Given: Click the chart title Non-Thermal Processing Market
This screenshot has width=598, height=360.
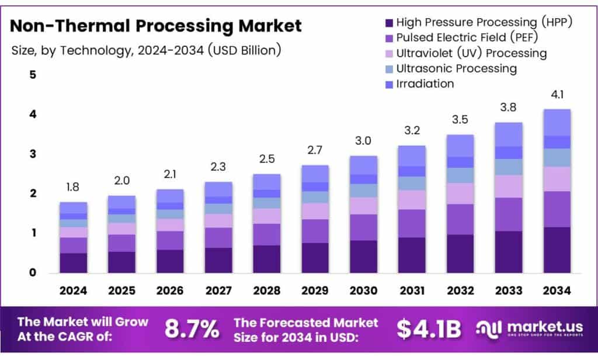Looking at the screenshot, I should click(x=156, y=26).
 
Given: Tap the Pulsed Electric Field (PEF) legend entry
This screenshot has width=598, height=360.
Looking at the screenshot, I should click(x=466, y=38).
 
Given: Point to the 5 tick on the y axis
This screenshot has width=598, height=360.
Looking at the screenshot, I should click(x=33, y=75).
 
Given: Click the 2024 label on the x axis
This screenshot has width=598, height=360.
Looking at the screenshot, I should click(x=74, y=290).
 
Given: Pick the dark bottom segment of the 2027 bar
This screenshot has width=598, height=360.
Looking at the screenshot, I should click(x=218, y=260).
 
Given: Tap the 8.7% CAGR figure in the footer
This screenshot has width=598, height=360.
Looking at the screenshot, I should click(x=191, y=330).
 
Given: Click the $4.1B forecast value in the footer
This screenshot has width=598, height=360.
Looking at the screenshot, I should click(x=429, y=330).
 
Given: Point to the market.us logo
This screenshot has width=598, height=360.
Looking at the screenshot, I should click(x=529, y=330).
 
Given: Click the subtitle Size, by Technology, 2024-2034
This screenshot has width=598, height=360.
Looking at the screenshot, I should click(x=146, y=50).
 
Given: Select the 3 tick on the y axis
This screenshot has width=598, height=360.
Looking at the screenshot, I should click(x=33, y=154).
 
